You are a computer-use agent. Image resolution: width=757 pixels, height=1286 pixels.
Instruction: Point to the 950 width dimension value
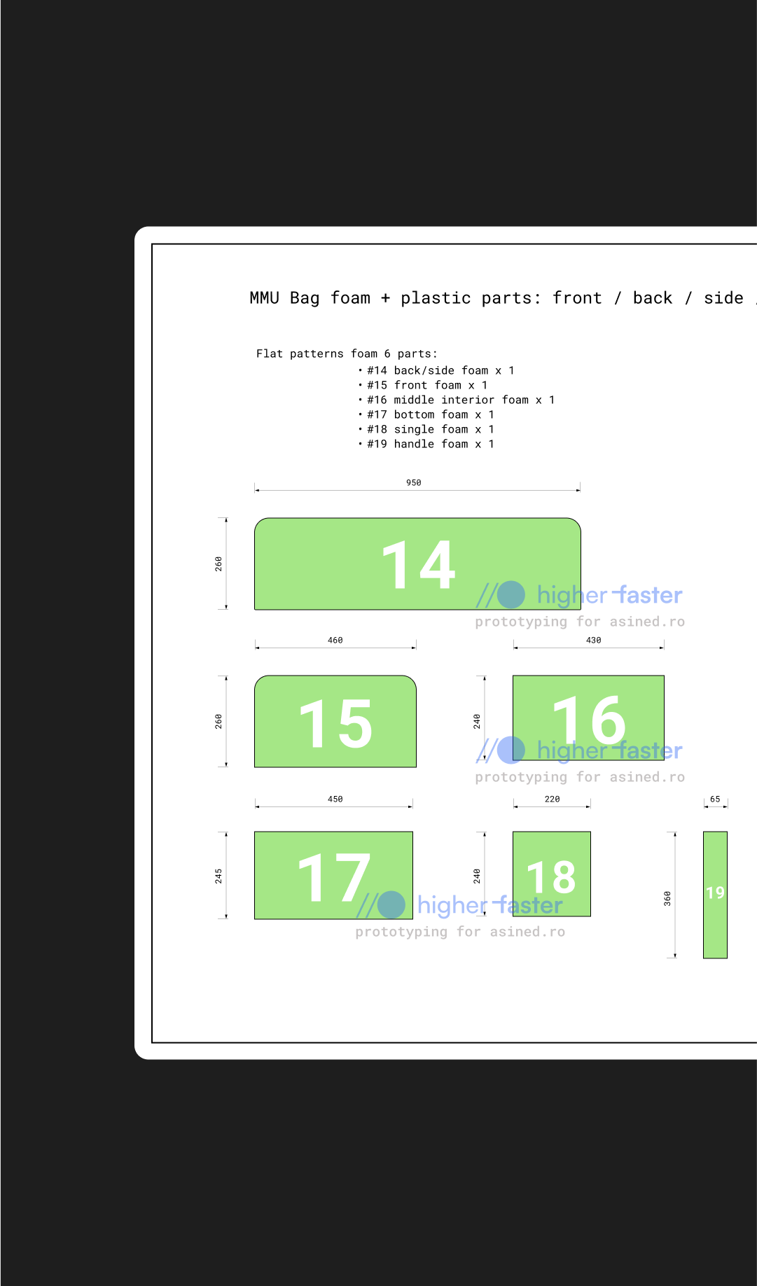[x=414, y=482]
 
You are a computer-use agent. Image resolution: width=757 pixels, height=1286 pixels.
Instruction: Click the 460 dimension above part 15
[x=335, y=640]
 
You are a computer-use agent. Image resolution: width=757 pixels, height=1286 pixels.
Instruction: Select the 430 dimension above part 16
[x=593, y=640]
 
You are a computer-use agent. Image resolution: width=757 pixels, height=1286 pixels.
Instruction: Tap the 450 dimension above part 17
[x=335, y=799]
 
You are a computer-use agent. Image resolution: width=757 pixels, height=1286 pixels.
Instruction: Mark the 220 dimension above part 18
[x=552, y=799]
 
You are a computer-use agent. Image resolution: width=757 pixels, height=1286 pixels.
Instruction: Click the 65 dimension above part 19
[x=715, y=799]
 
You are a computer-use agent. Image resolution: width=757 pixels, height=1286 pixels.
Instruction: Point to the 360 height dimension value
[x=667, y=898]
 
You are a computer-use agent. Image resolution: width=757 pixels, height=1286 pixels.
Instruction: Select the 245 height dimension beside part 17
[x=218, y=876]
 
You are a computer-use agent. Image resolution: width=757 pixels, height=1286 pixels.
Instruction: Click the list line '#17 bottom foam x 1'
[x=430, y=414]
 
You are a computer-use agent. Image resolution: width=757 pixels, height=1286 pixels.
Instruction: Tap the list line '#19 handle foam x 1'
[x=430, y=444]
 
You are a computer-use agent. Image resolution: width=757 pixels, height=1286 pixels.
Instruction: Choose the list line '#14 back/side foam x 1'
[x=440, y=370]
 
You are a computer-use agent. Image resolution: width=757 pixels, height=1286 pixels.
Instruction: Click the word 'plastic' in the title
[x=436, y=298]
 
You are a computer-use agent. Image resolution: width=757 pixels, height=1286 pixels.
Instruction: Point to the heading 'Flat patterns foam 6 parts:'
[x=347, y=354]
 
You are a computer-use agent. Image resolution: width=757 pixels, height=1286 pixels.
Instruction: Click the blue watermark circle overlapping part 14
[x=511, y=594]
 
